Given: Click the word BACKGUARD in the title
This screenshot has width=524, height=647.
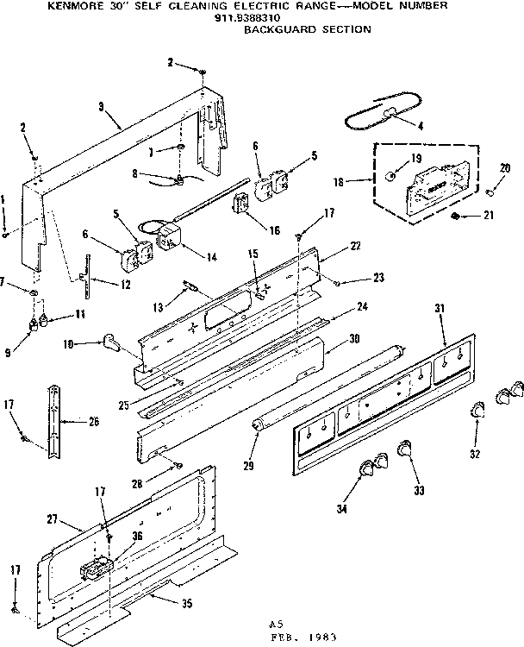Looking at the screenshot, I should click(273, 28).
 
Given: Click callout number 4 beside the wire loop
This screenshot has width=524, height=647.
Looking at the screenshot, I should click(420, 126).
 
